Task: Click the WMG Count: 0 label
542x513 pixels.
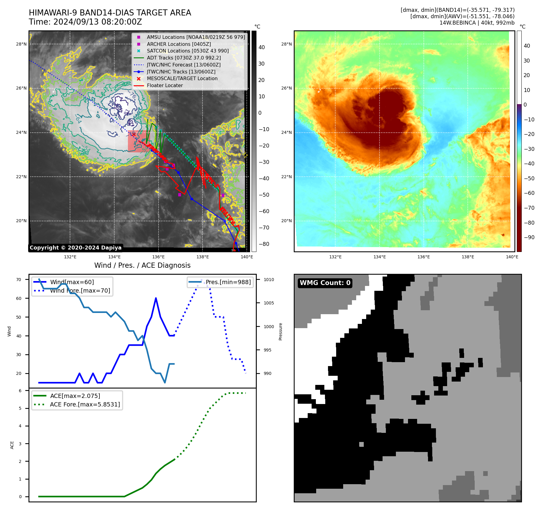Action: (325, 283)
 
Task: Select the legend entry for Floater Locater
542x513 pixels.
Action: (165, 86)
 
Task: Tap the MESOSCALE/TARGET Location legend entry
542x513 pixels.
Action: (182, 79)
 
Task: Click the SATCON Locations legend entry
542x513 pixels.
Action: (187, 51)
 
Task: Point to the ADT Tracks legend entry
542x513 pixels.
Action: (183, 58)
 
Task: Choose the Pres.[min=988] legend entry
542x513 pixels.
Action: (228, 282)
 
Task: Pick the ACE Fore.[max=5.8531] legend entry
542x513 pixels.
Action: (85, 405)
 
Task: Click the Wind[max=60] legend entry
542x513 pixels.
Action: (72, 282)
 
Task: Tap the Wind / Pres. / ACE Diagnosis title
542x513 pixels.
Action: (142, 266)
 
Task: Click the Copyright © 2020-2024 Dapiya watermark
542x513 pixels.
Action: (75, 248)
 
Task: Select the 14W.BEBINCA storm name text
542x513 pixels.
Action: (457, 23)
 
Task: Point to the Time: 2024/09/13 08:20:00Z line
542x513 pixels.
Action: (85, 22)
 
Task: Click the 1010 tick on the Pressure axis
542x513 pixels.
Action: (269, 280)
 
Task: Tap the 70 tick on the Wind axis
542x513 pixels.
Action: (19, 280)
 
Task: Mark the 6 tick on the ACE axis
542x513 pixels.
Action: (20, 391)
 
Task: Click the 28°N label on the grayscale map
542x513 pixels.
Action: (21, 44)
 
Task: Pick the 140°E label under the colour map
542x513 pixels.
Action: (512, 257)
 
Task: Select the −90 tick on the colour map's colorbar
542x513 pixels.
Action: (529, 237)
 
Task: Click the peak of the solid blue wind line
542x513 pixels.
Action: (156, 298)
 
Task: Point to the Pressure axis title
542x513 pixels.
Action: (281, 331)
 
